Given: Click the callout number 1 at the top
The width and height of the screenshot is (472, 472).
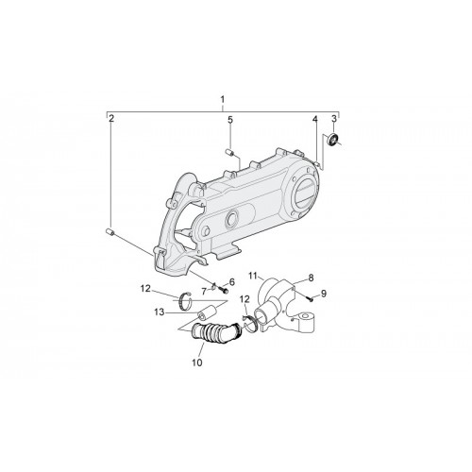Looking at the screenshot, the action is (223, 99).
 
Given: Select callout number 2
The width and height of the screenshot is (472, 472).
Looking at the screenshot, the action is (111, 119).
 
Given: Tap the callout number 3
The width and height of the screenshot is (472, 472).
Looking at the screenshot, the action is (334, 119).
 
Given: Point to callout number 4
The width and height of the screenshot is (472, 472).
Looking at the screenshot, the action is (314, 119).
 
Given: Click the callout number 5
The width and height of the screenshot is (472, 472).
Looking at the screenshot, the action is (230, 120).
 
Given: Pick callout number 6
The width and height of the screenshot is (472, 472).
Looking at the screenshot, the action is (232, 282).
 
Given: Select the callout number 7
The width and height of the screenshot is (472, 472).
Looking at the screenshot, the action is (204, 292).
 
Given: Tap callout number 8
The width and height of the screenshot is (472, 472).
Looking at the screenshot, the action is (311, 278).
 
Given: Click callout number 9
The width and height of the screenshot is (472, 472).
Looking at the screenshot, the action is (324, 294).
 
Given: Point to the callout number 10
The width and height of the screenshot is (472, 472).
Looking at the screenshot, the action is (197, 362).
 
